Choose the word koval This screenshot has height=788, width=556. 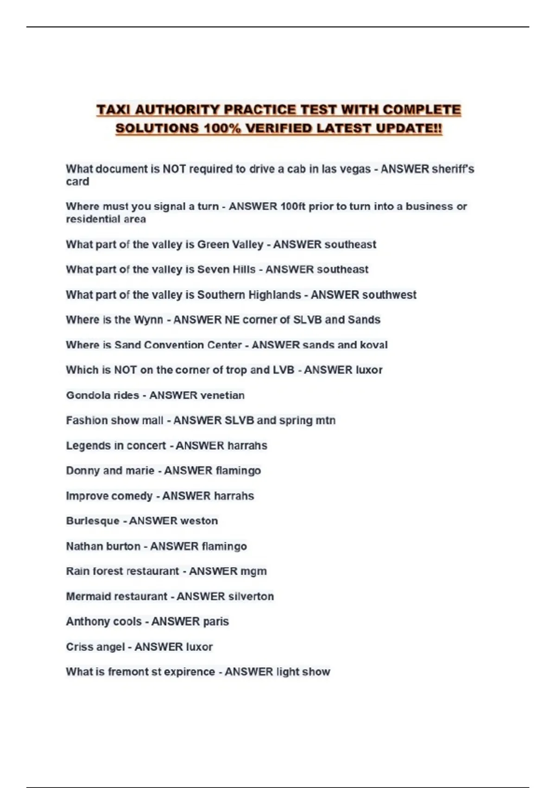pos(374,345)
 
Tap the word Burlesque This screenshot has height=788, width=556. pos(93,521)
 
